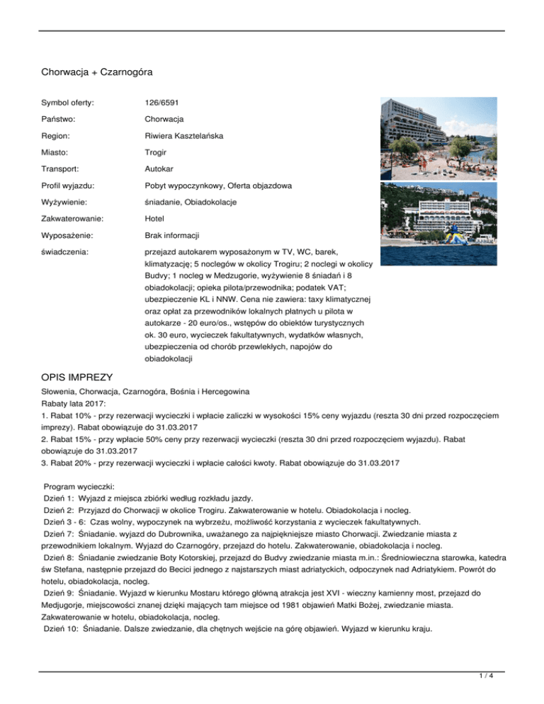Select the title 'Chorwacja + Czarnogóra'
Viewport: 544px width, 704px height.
[97, 72]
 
